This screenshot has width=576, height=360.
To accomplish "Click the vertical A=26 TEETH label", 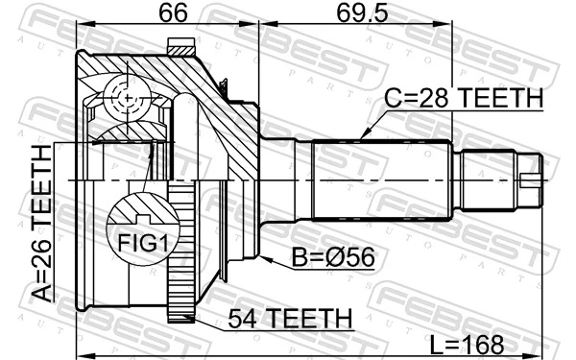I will pos(40,222).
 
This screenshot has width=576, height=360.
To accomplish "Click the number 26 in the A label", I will pos(40,249).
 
